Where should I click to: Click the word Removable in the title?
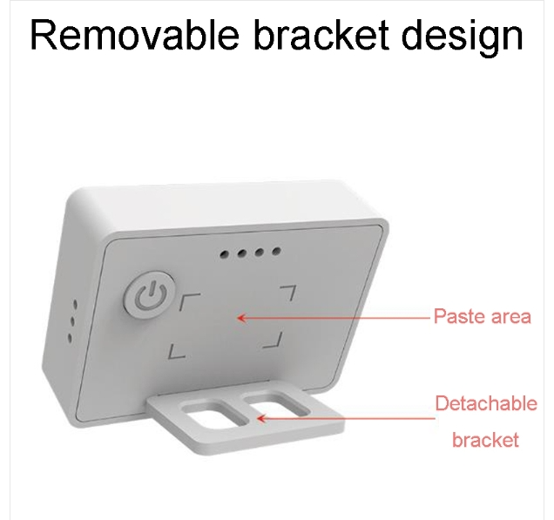(135, 35)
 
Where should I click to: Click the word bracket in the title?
(321, 35)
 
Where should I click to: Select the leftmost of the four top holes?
(224, 254)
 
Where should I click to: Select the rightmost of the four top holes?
(277, 251)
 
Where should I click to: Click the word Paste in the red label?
(457, 316)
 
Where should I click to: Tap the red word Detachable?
(486, 403)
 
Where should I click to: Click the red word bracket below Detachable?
(485, 440)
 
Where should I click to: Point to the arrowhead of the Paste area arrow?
(241, 318)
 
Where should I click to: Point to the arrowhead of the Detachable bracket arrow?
(260, 419)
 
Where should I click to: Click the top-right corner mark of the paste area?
(290, 291)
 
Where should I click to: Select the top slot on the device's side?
(75, 304)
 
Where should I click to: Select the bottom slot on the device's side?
(70, 339)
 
